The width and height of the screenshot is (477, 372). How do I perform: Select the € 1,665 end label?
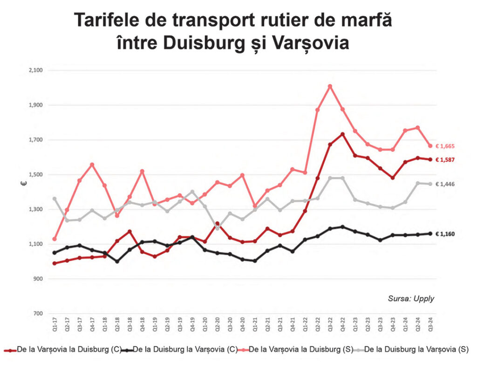point(445,146)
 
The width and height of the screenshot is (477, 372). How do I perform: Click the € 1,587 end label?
point(445,159)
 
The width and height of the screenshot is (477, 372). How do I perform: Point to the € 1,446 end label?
point(445,184)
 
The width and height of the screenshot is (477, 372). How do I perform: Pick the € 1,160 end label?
point(445,234)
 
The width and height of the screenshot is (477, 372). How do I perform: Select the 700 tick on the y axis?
point(38,314)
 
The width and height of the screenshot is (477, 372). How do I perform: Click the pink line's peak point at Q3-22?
point(330,86)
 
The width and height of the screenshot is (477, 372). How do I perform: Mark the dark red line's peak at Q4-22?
point(343,134)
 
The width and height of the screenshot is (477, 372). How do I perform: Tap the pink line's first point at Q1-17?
point(55,239)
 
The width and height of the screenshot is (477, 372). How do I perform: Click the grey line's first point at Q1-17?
point(55,199)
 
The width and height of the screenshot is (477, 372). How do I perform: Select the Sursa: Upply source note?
point(410,298)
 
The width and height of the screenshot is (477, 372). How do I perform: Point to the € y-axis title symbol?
point(22,184)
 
